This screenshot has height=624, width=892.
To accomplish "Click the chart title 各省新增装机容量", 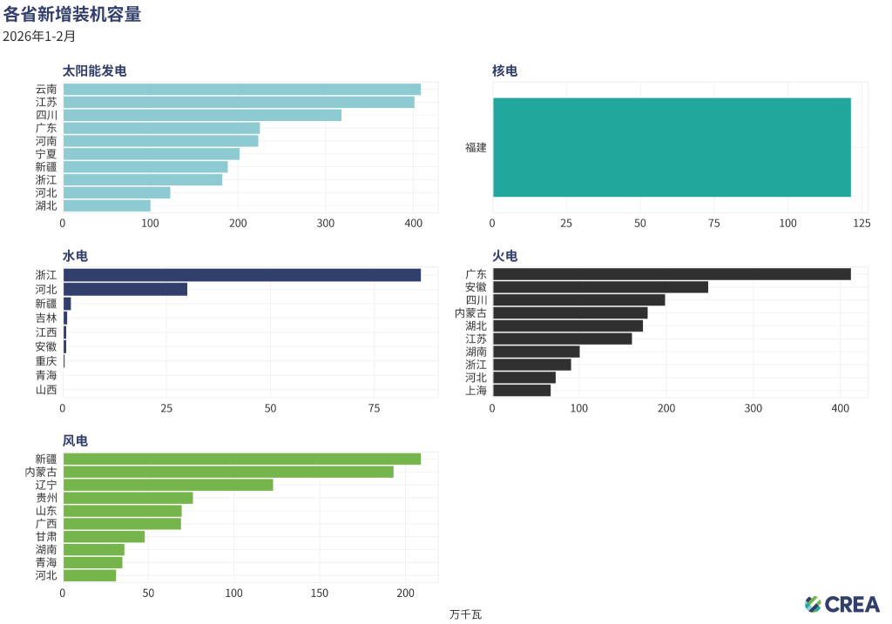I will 72,14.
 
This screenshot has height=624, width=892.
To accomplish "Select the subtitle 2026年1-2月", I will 39,37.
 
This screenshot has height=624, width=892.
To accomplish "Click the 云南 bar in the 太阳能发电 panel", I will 241,89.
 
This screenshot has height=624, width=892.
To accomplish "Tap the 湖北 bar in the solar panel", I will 106,205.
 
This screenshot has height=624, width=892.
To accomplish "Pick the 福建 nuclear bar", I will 672,147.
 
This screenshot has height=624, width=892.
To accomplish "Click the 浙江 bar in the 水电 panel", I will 241,275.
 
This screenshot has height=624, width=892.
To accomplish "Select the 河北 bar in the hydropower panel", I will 125,289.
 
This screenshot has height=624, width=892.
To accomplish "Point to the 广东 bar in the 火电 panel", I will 672,274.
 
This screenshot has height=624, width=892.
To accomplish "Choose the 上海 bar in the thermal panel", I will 522,391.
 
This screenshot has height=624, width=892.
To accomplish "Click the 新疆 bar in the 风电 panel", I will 241,459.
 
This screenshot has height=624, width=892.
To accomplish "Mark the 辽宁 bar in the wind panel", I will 167,485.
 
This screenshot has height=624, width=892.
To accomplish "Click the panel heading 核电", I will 504,70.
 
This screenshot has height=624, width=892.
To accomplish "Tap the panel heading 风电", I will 75,441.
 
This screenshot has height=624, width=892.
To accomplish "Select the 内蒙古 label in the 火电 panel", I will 471,312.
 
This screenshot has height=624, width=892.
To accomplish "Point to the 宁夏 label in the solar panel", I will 46,154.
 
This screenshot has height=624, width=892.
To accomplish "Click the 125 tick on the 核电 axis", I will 862,224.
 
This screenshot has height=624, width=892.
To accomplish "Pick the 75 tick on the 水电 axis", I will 375,408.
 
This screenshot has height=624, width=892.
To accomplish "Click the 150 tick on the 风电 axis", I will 320,594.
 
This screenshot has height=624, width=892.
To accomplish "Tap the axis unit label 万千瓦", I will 465,614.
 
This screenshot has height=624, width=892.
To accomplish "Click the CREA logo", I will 842,604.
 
